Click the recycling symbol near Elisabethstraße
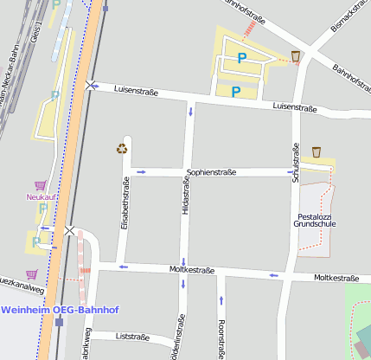click(x=122, y=148)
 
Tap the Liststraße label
click(x=132, y=337)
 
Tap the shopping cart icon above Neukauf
click(x=40, y=185)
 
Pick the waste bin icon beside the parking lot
click(x=296, y=56)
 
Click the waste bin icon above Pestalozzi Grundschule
click(x=317, y=152)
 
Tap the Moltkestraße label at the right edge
click(x=336, y=278)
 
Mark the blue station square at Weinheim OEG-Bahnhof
click(x=59, y=322)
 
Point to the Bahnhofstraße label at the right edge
click(x=352, y=82)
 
